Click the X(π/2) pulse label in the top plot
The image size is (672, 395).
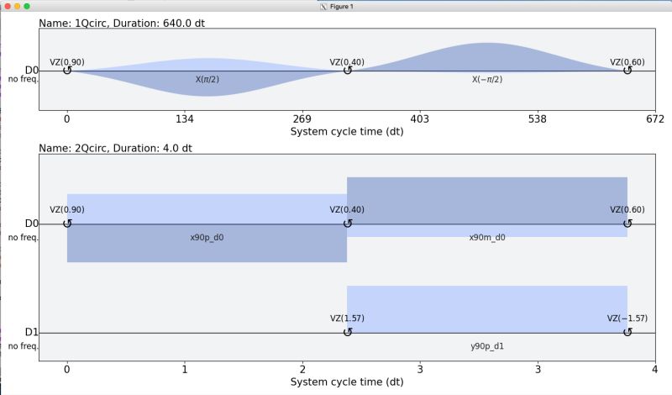pyautogui.click(x=207, y=79)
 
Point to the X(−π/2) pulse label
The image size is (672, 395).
pyautogui.click(x=487, y=79)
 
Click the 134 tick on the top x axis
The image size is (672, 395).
pyautogui.click(x=184, y=119)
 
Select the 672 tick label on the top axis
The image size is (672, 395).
pyautogui.click(x=654, y=119)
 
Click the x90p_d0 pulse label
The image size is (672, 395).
pyautogui.click(x=207, y=238)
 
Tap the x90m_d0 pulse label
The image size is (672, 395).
pyautogui.click(x=487, y=238)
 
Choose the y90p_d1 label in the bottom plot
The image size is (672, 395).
pyautogui.click(x=487, y=346)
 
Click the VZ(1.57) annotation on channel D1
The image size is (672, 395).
pyautogui.click(x=347, y=319)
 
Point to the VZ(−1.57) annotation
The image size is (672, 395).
pyautogui.click(x=626, y=319)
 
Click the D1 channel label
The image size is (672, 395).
pyautogui.click(x=31, y=332)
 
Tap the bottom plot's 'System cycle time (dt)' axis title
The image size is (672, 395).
pyautogui.click(x=347, y=383)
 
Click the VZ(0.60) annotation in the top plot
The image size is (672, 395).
pyautogui.click(x=627, y=62)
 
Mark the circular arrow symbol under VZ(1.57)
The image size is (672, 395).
pyautogui.click(x=347, y=332)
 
